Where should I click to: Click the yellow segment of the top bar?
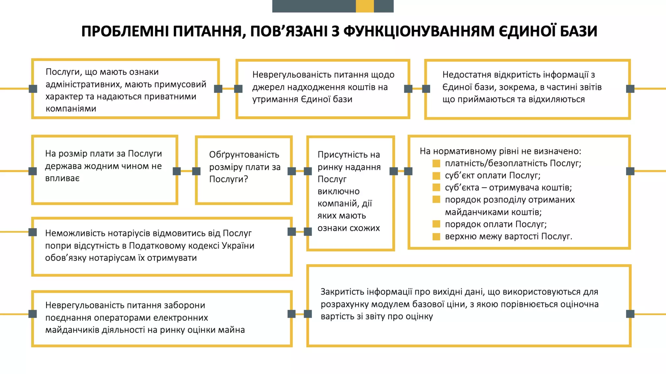(x=365, y=6)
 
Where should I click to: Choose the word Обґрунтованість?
(x=244, y=155)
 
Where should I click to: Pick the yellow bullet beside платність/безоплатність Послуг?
(x=436, y=163)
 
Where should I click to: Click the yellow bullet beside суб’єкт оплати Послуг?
(x=436, y=176)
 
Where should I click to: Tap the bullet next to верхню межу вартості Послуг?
(x=436, y=236)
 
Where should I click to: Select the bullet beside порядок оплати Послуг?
(x=436, y=224)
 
